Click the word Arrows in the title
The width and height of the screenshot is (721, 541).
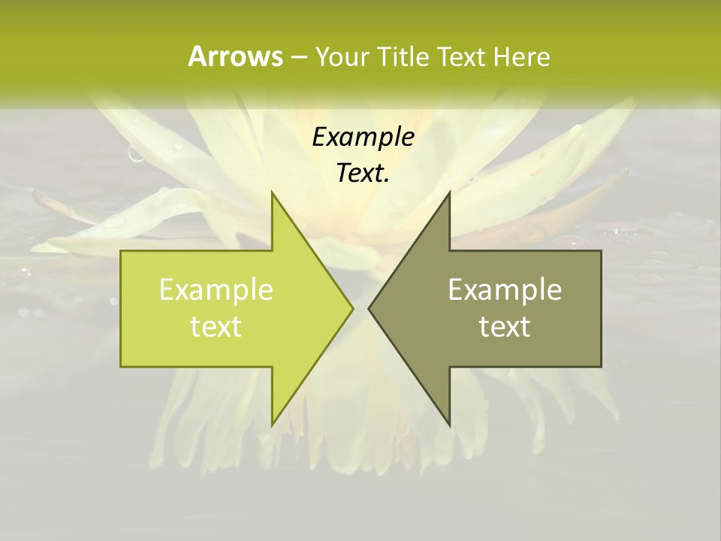[x=235, y=56]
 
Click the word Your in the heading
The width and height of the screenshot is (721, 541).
[x=342, y=56]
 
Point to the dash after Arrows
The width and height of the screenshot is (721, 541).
[x=298, y=57]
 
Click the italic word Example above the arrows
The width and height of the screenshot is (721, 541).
[x=363, y=137]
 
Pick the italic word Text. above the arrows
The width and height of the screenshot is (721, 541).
[x=363, y=174]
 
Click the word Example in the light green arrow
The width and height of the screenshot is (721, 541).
[x=216, y=289]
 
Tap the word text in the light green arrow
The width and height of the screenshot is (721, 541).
[x=216, y=327]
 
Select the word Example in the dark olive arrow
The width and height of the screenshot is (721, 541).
[x=505, y=289]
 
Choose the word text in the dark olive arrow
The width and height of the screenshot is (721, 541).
[x=505, y=327]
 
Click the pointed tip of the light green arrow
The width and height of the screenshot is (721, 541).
[x=353, y=308]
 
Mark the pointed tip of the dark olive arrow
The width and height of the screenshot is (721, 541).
[x=369, y=308]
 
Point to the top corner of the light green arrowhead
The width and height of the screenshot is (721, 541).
[x=272, y=192]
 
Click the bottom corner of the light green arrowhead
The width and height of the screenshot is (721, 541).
[x=272, y=425]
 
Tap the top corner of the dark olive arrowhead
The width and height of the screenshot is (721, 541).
[x=449, y=192]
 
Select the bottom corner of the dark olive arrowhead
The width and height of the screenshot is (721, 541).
[x=449, y=425]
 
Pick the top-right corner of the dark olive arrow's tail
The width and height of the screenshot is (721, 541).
[x=601, y=251]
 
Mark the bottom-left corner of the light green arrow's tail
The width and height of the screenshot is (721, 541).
[x=121, y=366]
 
